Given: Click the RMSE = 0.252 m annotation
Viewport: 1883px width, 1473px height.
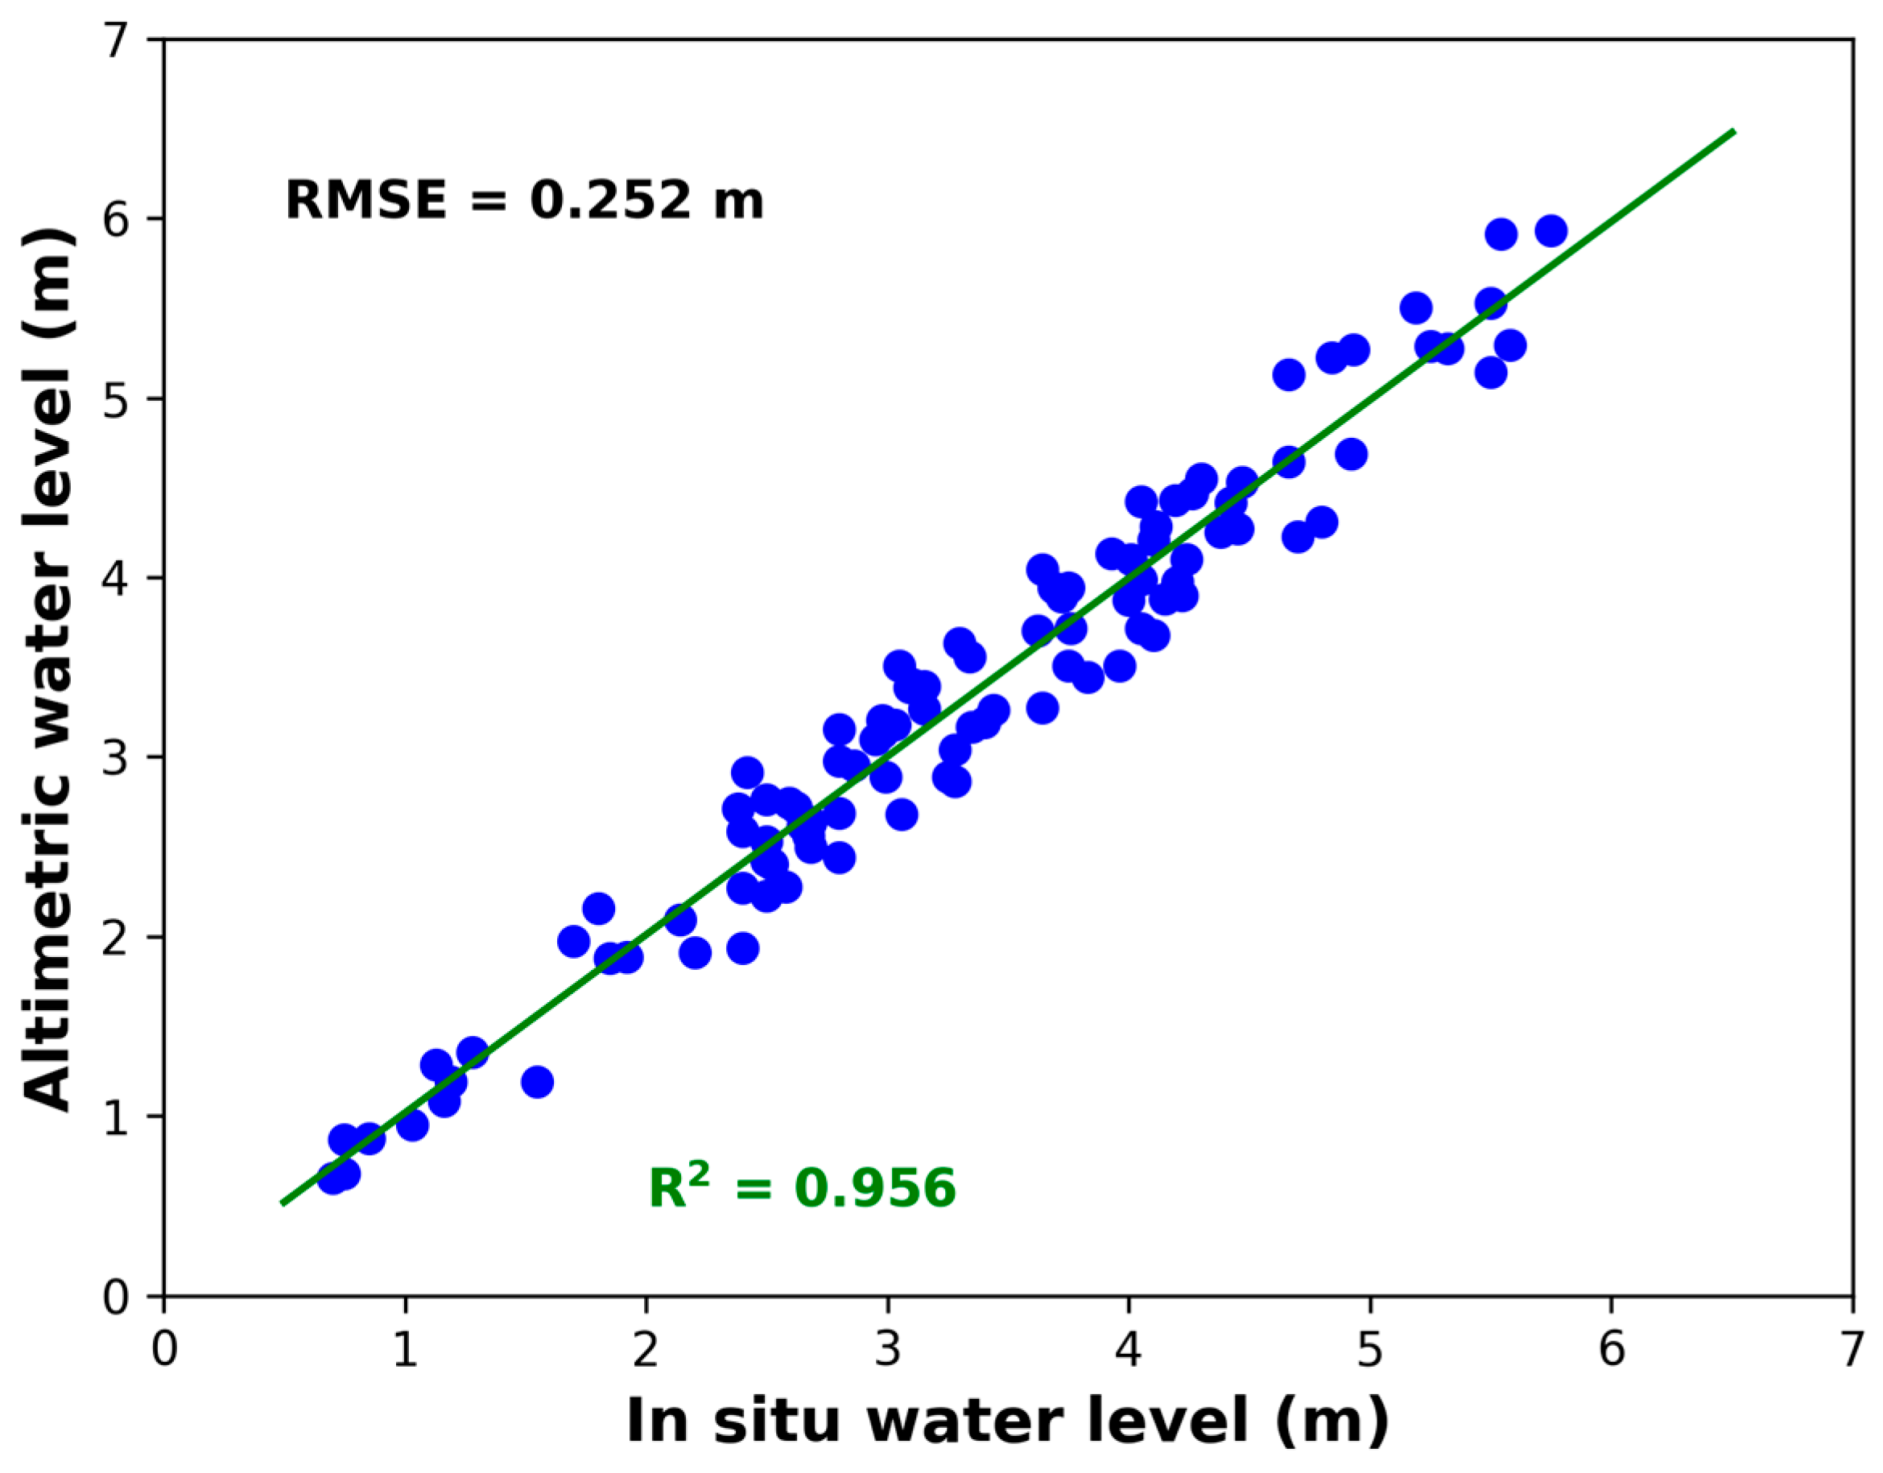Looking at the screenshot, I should point(523,200).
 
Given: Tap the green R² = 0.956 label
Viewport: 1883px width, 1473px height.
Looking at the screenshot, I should point(801,1188).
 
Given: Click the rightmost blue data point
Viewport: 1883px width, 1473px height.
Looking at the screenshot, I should point(1550,231).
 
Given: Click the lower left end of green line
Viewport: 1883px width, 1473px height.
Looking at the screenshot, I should point(283,1203).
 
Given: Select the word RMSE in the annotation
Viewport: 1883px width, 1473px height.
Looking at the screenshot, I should point(365,200).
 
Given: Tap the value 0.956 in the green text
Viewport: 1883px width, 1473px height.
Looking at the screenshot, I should point(874,1188).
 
